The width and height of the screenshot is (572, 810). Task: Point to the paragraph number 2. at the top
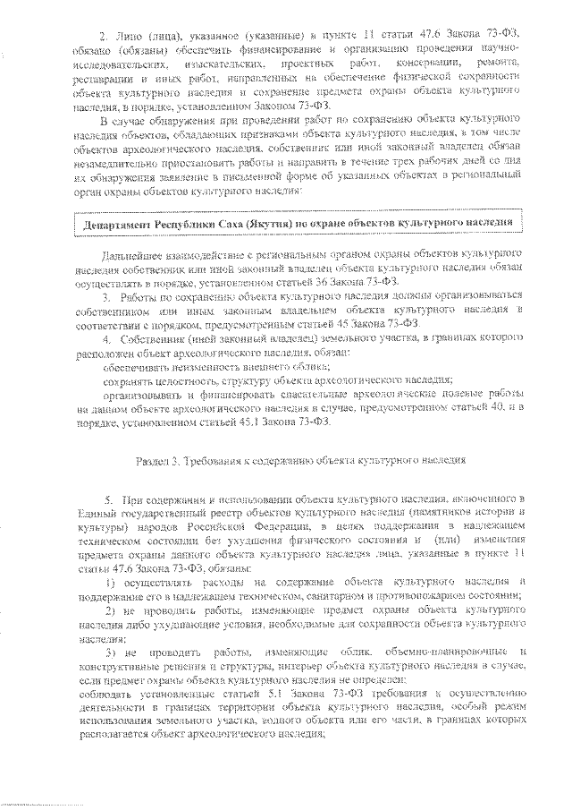tap(102, 33)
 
